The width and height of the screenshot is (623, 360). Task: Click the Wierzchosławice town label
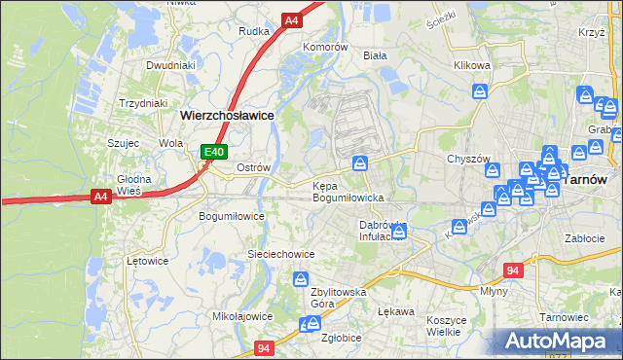click(226, 114)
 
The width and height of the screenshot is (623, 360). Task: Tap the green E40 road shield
click(214, 152)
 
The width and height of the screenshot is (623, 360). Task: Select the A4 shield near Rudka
click(291, 19)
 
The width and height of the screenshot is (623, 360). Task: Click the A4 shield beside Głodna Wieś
click(100, 197)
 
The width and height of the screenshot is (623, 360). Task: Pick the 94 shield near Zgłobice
click(264, 347)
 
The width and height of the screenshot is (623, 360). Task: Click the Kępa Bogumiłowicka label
click(348, 191)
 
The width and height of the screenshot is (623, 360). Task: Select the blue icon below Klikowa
click(480, 92)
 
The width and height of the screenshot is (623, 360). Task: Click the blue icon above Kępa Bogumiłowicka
click(360, 162)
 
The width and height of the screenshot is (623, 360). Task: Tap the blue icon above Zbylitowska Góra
click(301, 281)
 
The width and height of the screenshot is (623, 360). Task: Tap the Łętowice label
click(148, 261)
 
